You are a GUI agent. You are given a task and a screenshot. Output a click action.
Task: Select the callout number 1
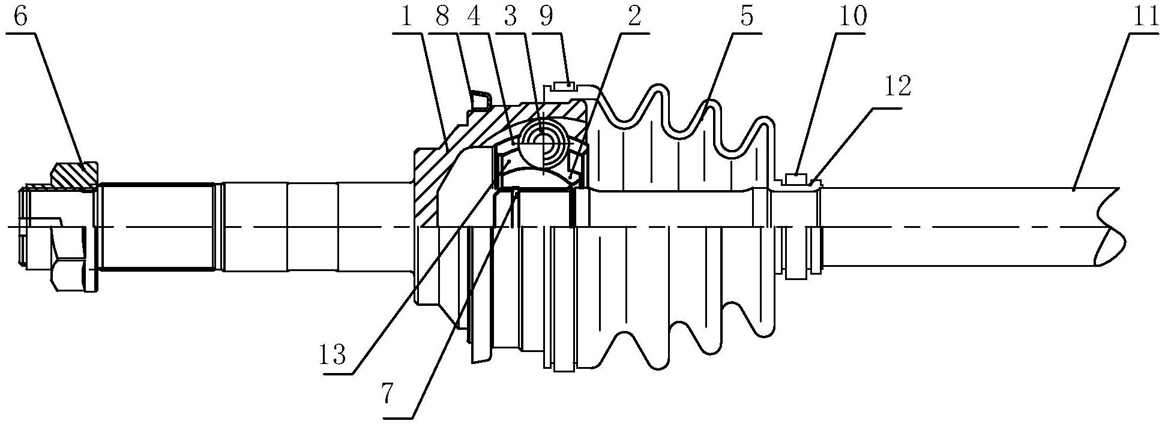[x=407, y=17]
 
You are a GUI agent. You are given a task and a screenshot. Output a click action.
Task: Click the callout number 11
[x=1140, y=17]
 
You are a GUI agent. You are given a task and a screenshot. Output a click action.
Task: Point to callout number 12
[x=898, y=88]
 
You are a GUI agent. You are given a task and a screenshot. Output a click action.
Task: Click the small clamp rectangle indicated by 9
[x=564, y=86]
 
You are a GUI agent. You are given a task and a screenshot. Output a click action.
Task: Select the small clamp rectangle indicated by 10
[x=795, y=178]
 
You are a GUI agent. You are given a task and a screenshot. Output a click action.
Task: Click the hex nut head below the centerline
[x=71, y=275]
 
